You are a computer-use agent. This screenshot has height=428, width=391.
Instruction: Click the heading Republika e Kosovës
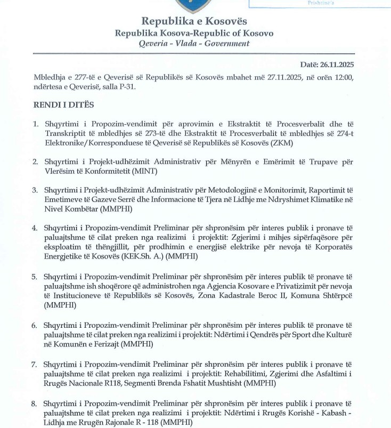click(194, 21)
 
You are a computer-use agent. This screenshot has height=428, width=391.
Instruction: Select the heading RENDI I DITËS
click(63, 106)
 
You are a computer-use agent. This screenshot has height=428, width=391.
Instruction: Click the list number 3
click(35, 190)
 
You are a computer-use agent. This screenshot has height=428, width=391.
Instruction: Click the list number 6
click(35, 325)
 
